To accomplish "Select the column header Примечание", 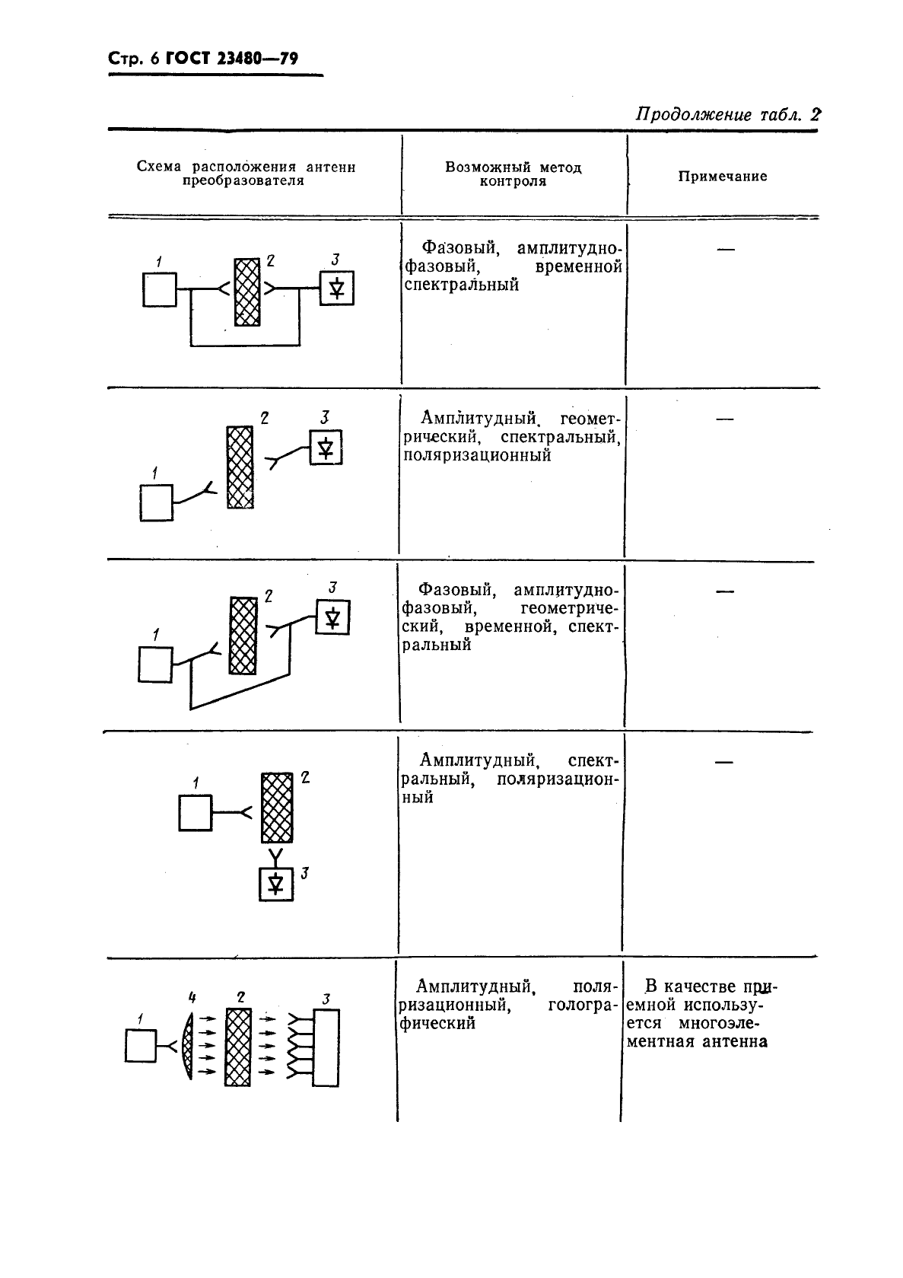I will [x=722, y=177].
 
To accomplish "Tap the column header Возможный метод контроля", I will [x=514, y=174].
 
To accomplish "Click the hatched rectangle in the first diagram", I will [x=246, y=292].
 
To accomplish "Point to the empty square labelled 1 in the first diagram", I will [x=159, y=290].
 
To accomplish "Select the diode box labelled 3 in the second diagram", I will [x=326, y=448].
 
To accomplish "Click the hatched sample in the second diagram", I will [x=240, y=467].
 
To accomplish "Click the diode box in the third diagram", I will [x=332, y=617].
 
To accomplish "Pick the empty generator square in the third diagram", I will [x=155, y=664].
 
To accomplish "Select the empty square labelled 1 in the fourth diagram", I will [x=195, y=813].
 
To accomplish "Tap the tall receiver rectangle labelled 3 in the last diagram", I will [x=326, y=1048].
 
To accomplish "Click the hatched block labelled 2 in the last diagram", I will [x=238, y=1047].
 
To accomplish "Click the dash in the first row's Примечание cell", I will [x=725, y=249].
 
